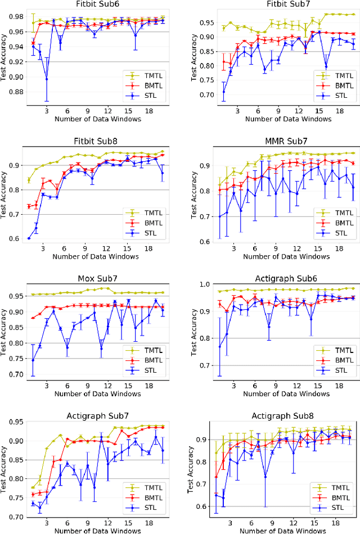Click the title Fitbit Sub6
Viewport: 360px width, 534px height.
point(93,5)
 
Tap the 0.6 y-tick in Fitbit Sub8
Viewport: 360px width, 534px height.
point(14,238)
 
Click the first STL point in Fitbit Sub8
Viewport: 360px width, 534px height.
point(28,238)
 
